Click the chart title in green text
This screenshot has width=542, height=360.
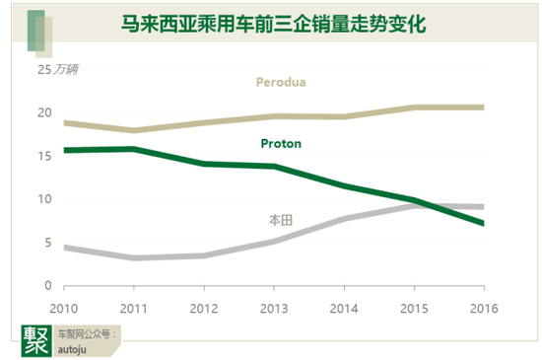click(x=272, y=24)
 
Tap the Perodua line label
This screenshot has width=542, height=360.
click(x=281, y=82)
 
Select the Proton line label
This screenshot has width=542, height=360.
click(x=281, y=143)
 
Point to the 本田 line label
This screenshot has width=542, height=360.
click(x=281, y=220)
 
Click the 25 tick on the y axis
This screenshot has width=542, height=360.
click(x=44, y=70)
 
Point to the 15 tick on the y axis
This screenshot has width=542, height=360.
click(x=44, y=156)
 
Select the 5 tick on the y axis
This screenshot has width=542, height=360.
click(x=46, y=243)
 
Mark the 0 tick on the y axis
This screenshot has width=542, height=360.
click(x=46, y=285)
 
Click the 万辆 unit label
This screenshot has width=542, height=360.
click(x=68, y=70)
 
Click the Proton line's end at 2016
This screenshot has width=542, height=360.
click(x=483, y=224)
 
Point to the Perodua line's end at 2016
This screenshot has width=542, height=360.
click(x=483, y=107)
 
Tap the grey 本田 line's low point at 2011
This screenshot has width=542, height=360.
click(x=133, y=257)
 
